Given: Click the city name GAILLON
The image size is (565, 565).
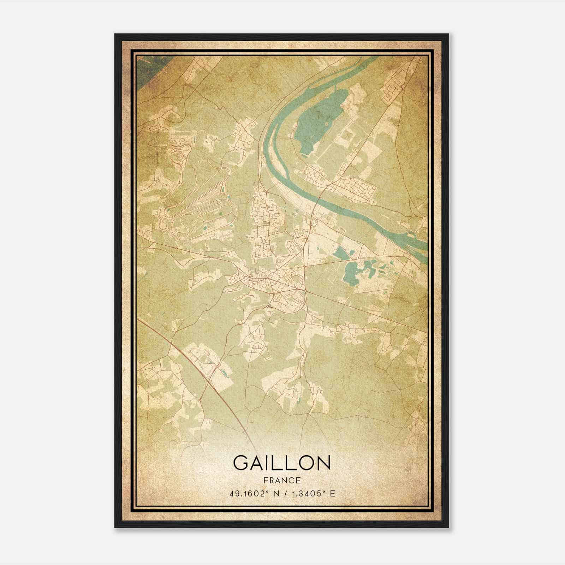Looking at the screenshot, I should coord(282,463).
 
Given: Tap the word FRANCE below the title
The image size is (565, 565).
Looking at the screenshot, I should coord(282,480).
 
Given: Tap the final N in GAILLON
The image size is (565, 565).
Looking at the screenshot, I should coord(323,463).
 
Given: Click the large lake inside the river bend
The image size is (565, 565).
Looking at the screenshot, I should coord(318,120).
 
